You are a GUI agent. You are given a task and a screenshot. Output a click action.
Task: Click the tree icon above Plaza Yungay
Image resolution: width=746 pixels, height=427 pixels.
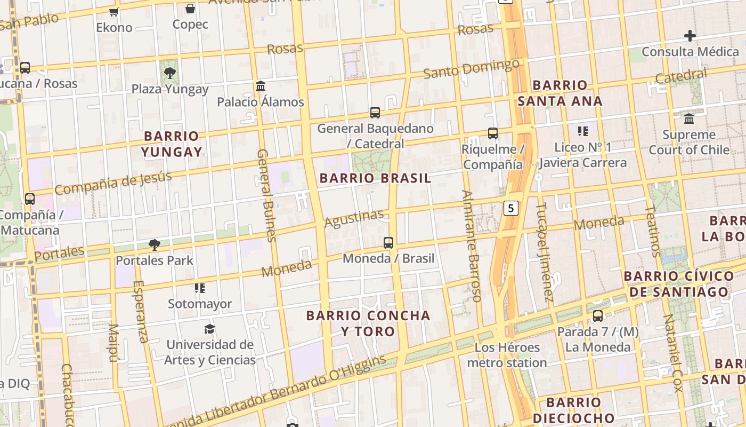click(x=170, y=73)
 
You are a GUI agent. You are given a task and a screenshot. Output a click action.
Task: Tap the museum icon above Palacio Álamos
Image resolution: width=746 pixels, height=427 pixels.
click(x=261, y=86)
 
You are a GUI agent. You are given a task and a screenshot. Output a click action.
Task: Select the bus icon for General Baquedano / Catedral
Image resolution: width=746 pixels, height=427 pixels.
click(x=375, y=113)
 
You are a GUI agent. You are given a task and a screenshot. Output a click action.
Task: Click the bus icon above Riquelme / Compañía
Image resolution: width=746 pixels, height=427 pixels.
click(x=493, y=133)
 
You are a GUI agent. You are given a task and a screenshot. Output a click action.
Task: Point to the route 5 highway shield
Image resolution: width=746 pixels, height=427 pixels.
click(x=511, y=208)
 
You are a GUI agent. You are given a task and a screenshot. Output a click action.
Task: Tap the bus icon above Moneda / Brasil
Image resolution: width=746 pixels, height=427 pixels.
click(x=388, y=243)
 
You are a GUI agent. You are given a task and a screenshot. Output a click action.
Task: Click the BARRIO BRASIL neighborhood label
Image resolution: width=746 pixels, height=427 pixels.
click(x=375, y=178)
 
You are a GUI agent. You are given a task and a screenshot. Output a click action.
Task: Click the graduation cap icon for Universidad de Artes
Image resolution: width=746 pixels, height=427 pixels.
click(x=209, y=329)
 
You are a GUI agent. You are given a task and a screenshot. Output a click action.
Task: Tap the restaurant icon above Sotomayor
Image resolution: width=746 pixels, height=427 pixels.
click(x=200, y=288)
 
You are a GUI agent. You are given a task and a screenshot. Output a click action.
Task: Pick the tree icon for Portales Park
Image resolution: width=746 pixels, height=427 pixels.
click(x=155, y=245)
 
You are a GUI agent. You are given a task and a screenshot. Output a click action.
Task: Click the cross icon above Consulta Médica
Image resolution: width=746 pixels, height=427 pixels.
click(x=690, y=36)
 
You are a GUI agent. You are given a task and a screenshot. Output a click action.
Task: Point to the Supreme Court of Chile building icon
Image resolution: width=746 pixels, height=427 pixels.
click(x=689, y=118)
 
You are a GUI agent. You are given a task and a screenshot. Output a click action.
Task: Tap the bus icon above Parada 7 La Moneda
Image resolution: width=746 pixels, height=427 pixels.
click(x=598, y=316)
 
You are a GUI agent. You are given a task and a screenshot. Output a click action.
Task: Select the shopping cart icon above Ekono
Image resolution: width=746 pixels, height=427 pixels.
click(x=113, y=12)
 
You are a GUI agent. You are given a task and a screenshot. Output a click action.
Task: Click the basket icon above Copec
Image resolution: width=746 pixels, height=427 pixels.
click(x=190, y=9)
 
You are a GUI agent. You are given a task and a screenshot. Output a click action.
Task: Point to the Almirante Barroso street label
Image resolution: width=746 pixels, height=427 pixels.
click(x=472, y=246)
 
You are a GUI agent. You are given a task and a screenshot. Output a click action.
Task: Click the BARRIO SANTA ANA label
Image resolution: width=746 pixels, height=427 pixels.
click(x=560, y=93)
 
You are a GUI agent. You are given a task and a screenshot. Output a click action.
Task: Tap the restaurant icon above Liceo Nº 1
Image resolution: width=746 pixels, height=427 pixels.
click(x=582, y=131)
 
